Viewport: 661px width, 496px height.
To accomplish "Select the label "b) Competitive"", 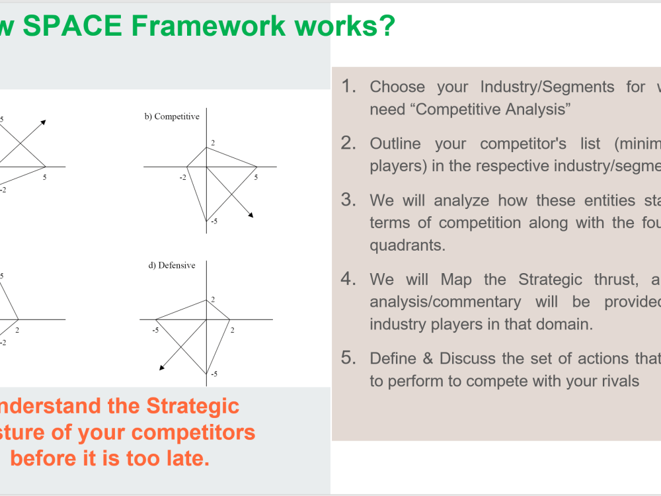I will (172, 117).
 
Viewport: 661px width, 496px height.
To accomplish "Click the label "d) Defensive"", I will (172, 266).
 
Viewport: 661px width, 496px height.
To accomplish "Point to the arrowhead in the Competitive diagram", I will (251, 215).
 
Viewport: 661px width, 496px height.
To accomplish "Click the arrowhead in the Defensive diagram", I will (162, 368).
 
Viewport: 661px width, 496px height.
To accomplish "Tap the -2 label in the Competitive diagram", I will (183, 177).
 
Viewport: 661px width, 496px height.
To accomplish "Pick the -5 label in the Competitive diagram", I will (214, 221).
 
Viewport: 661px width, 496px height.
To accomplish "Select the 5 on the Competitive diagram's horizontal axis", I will (256, 177).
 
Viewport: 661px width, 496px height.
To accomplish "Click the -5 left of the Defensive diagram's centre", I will (155, 329).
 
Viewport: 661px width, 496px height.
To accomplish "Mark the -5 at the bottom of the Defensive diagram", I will (214, 374).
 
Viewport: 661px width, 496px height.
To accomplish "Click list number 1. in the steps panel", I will (349, 87).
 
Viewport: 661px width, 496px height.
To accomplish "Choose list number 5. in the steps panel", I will (349, 358).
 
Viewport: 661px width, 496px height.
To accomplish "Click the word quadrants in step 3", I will (406, 245).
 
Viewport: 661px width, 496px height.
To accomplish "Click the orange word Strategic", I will (192, 405).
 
